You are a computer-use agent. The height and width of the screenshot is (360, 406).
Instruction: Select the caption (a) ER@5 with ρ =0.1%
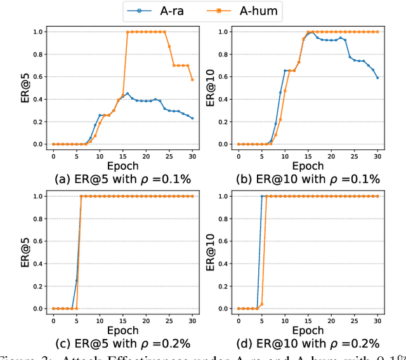(x=112, y=178)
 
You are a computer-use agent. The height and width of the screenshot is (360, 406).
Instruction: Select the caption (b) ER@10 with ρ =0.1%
(x=299, y=178)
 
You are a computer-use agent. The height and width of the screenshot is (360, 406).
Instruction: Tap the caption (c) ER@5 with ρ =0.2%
(x=112, y=343)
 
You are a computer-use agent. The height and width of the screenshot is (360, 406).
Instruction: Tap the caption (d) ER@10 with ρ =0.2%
(x=299, y=343)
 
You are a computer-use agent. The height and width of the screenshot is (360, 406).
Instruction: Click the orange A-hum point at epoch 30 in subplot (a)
(x=193, y=79)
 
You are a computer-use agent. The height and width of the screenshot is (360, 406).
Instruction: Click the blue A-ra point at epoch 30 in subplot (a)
(x=193, y=118)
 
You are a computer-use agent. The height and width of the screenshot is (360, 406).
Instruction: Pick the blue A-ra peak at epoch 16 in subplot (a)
(x=128, y=93)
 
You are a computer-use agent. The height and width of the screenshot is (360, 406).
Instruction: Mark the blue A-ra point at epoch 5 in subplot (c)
(x=76, y=281)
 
